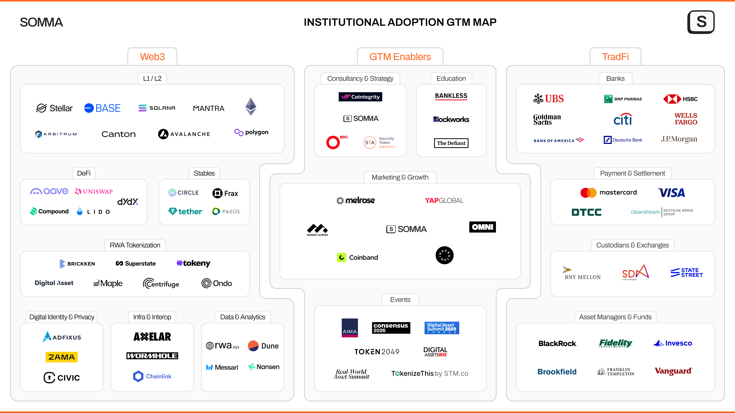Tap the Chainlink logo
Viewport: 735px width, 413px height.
click(x=152, y=376)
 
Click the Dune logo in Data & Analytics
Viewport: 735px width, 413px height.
click(x=263, y=346)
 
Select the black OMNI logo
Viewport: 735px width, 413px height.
click(x=482, y=227)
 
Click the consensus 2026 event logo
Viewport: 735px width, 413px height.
click(x=391, y=328)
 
